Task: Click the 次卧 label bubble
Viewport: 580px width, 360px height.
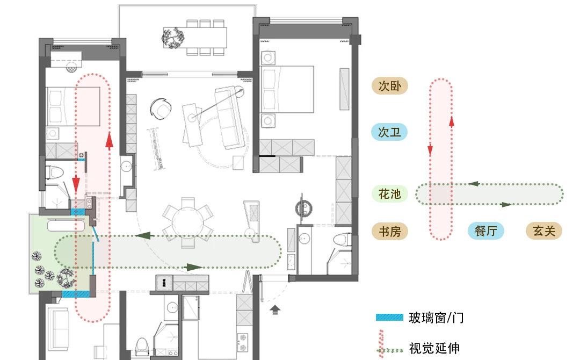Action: point(390,86)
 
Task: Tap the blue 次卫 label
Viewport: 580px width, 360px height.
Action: point(389,132)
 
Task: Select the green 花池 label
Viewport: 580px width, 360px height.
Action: point(390,194)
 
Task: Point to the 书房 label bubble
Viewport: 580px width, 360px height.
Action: point(390,232)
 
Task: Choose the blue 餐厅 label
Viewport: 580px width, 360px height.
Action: point(486,232)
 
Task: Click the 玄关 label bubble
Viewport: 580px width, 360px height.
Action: point(543,232)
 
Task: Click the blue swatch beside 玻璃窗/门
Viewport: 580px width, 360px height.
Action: point(389,318)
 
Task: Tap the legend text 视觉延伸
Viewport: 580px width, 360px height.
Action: point(434,348)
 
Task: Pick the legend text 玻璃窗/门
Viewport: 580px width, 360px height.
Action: point(436,318)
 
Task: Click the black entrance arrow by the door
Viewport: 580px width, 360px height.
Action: point(275,309)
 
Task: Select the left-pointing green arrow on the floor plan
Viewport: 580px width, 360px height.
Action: point(142,235)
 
